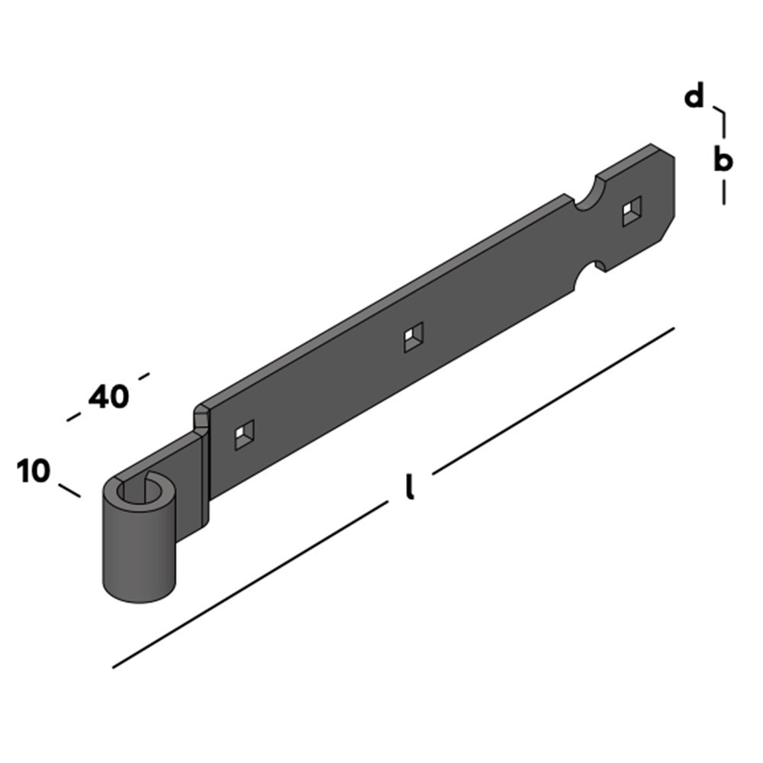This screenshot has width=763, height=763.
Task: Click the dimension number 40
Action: (x=108, y=397)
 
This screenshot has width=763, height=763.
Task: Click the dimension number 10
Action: (x=33, y=472)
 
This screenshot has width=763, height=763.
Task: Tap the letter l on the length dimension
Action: (x=410, y=488)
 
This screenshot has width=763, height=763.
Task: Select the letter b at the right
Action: (x=723, y=161)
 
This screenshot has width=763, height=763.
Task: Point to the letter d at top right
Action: (x=694, y=98)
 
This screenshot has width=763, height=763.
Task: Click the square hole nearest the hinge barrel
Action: (x=244, y=436)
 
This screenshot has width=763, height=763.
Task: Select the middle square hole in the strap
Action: (x=414, y=336)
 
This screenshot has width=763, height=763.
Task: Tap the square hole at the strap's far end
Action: (x=632, y=211)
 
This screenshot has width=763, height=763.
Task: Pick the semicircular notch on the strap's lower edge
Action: (x=592, y=269)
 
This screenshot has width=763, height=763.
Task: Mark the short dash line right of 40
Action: (x=142, y=375)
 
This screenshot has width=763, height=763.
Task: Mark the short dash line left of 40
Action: (x=74, y=417)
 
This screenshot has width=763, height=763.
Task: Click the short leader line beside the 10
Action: (x=69, y=490)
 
